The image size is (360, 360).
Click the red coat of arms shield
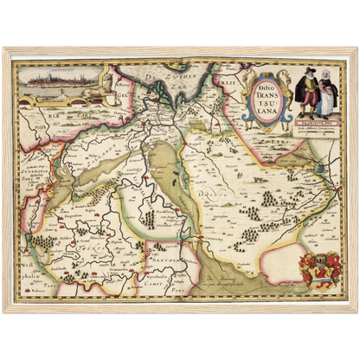pos(318,268)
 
